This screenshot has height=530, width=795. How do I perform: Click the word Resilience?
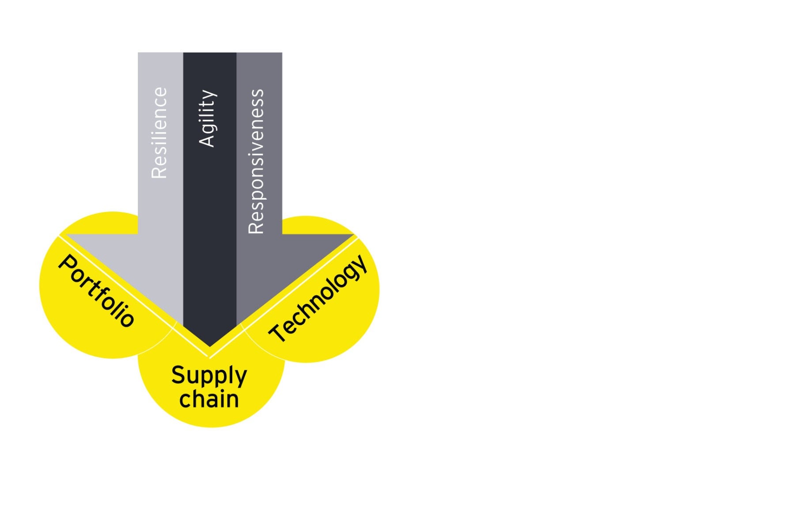pyautogui.click(x=159, y=133)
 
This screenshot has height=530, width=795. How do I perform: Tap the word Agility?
pyautogui.click(x=207, y=118)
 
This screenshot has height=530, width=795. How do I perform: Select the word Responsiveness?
pyautogui.click(x=256, y=162)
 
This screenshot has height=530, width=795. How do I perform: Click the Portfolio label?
pyautogui.click(x=96, y=291)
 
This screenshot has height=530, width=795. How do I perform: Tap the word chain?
pyautogui.click(x=209, y=399)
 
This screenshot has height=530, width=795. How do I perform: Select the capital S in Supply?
pyautogui.click(x=178, y=375)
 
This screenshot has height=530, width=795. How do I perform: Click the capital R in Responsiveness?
pyautogui.click(x=256, y=227)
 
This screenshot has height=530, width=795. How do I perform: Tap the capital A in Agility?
pyautogui.click(x=207, y=140)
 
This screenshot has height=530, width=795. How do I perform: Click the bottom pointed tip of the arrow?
pyautogui.click(x=210, y=346)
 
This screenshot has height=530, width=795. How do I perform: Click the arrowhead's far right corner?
pyautogui.click(x=353, y=235)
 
